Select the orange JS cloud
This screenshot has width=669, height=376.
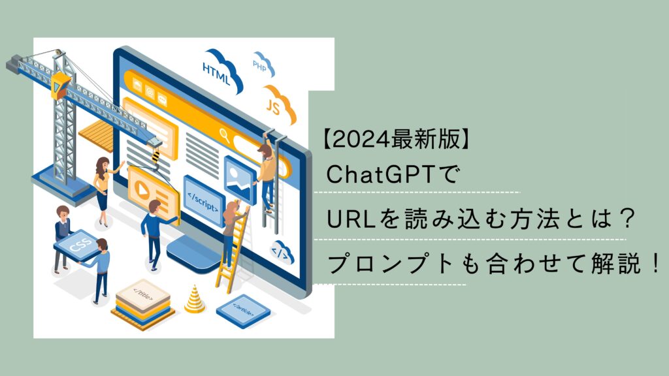coord(277,104)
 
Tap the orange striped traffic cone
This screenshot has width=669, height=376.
coord(195,299)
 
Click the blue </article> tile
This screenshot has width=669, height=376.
coord(243,311)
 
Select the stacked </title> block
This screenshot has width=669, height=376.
coord(143,304)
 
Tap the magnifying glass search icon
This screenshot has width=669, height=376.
coord(225,135)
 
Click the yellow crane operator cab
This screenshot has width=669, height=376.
coord(59,86)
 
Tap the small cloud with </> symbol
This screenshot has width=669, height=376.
coord(282,253)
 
